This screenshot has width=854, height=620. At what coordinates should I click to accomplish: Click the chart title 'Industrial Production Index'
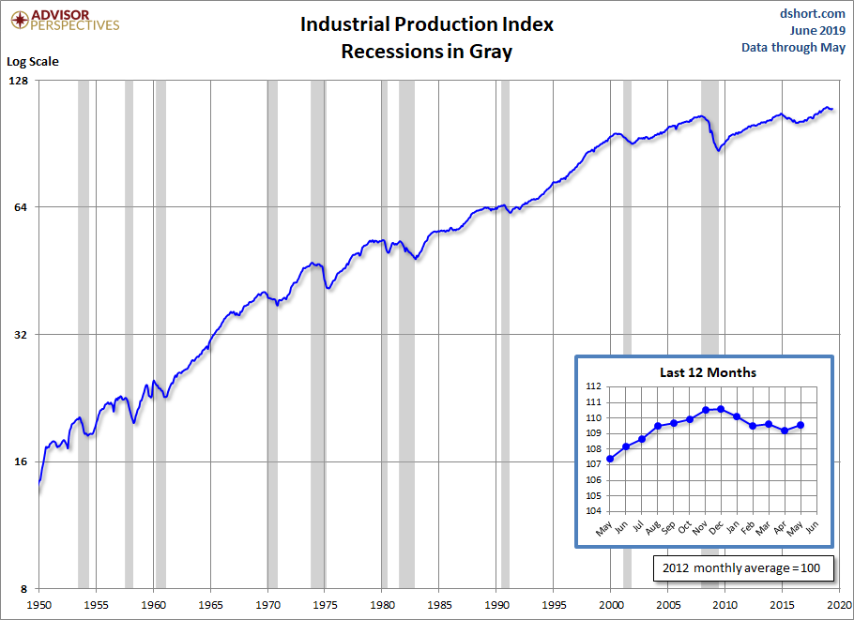pos(427,24)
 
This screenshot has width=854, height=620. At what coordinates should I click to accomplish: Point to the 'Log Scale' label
pos(33,62)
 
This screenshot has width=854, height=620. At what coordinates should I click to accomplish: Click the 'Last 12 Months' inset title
pos(708,372)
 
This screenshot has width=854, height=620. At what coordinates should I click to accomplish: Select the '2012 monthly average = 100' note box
pos(740,568)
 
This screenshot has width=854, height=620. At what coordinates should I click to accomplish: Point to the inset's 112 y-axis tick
pos(593,386)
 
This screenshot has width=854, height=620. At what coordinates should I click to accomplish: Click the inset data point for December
pos(721,409)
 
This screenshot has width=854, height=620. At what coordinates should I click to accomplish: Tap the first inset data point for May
pos(610,459)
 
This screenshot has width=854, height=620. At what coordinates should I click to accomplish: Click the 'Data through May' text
pos(793,47)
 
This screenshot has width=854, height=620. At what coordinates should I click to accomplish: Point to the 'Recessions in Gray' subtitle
pos(427,52)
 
